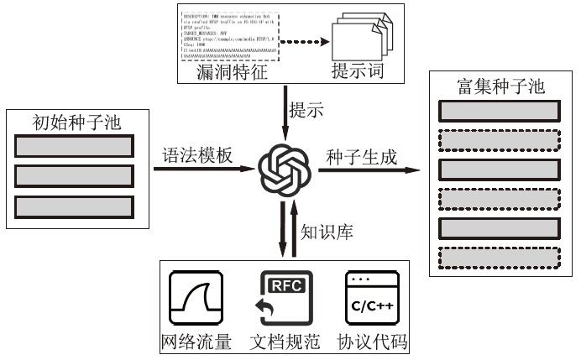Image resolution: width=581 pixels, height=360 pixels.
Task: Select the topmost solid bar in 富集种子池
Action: pyautogui.click(x=500, y=111)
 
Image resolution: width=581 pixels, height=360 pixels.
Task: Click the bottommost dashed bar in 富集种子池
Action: pyautogui.click(x=500, y=257)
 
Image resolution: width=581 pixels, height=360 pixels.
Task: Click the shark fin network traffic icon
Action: pyautogui.click(x=194, y=299)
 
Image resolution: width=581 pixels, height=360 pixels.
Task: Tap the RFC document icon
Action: pyautogui.click(x=285, y=299)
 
